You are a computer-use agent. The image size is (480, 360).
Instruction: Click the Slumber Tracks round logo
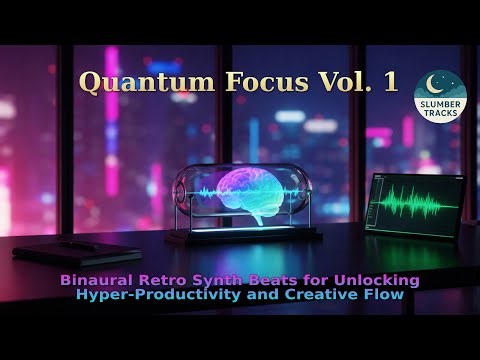(x=440, y=97)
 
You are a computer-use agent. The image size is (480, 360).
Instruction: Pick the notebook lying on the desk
(x=78, y=251)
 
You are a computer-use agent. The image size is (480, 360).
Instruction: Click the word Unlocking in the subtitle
(x=376, y=279)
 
